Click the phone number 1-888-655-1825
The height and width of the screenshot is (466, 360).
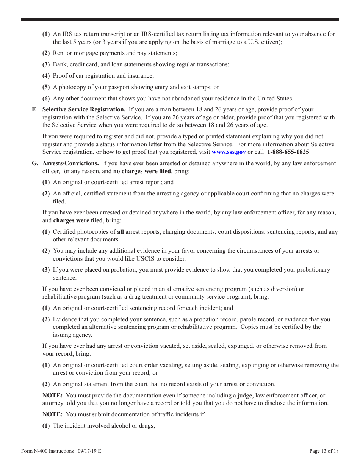(x=288, y=152)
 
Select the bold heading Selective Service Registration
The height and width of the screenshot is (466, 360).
(x=84, y=109)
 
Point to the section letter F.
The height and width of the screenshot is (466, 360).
(x=34, y=109)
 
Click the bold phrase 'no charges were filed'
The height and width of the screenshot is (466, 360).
(x=142, y=171)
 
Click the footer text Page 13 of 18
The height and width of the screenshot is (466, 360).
(x=324, y=451)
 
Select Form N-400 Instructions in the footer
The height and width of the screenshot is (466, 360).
(x=47, y=451)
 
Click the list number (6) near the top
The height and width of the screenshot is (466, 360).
(x=46, y=99)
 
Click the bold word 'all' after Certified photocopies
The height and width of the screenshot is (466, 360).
(x=121, y=232)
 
